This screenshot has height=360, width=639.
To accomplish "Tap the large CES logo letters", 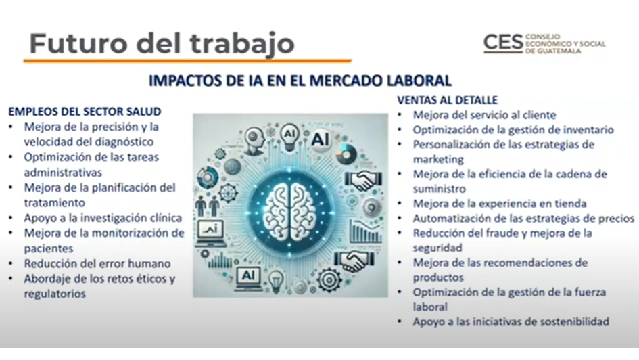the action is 503,43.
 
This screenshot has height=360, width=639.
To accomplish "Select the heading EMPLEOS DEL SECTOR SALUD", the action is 85,111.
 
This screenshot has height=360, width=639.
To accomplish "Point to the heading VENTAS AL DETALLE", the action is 447,100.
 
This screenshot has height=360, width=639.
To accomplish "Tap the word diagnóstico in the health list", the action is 121,142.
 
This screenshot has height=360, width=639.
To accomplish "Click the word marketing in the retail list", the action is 438,160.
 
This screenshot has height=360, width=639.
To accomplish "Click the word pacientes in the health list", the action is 48,248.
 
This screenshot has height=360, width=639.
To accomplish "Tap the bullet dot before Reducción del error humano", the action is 11,264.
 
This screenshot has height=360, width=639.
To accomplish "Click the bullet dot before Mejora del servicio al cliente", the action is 400,115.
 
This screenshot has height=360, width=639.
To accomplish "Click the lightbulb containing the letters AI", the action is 289,137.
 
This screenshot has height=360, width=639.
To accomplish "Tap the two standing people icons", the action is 207,206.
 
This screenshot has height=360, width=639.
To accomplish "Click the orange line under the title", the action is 187,61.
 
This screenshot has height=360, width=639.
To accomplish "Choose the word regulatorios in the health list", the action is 55,294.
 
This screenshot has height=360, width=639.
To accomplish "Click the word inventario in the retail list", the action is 588,130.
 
